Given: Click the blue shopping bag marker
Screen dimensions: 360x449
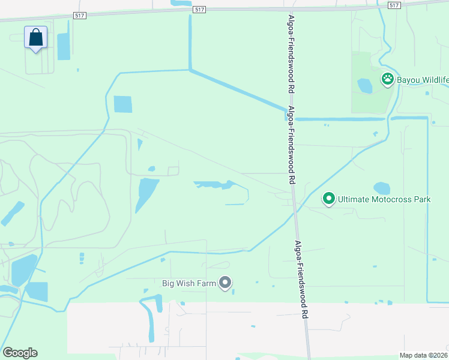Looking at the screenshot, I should [x=36, y=37].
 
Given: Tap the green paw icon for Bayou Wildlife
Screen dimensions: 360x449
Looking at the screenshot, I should [x=388, y=79].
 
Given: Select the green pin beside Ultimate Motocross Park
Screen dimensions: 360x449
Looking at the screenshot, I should [x=328, y=198].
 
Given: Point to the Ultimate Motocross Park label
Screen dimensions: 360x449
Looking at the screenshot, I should [x=384, y=199].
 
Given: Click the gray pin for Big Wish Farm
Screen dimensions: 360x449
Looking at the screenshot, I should [x=225, y=282].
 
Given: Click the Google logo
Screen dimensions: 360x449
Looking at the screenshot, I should [x=20, y=353].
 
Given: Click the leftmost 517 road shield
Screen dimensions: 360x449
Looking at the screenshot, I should [x=80, y=14].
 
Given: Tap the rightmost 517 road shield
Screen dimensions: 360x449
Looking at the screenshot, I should [x=394, y=5].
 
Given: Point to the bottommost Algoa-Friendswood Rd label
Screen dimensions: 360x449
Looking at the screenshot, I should [x=302, y=279].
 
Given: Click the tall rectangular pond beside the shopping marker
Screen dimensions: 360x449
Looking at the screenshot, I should [x=64, y=46].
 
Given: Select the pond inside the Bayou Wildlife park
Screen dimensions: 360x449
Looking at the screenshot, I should [x=365, y=86].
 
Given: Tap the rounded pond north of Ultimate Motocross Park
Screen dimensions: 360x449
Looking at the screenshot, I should [x=382, y=188].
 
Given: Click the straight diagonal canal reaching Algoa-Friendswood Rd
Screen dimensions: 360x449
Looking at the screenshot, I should [x=237, y=90].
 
